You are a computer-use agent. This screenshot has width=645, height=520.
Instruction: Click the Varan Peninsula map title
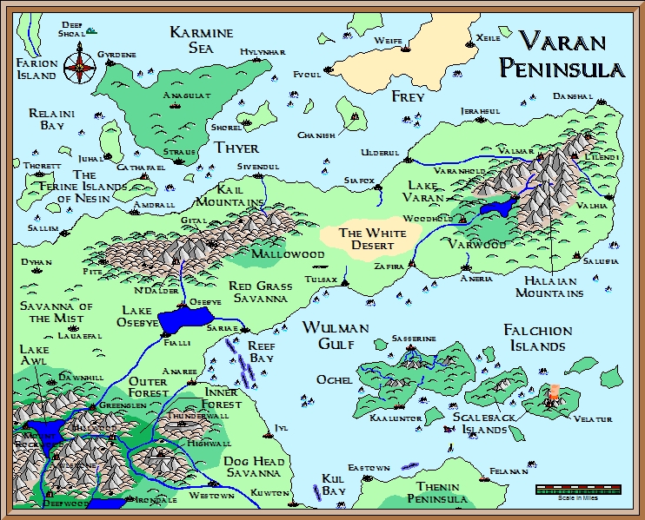[x=571, y=55]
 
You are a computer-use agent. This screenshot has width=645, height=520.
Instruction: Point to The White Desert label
[x=373, y=239]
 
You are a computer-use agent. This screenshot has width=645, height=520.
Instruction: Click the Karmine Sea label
[x=202, y=40]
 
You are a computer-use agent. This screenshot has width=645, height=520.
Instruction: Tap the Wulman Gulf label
[x=336, y=335]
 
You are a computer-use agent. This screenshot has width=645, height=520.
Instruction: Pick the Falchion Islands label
[x=538, y=338]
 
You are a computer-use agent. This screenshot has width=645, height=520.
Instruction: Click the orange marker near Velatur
[x=555, y=395]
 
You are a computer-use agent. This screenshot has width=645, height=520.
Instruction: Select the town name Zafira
[x=389, y=267]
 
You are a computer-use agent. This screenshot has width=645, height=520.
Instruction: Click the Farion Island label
[x=37, y=69]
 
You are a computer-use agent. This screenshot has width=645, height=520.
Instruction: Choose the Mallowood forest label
[x=287, y=254]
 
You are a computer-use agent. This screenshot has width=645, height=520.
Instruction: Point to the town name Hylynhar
[x=263, y=52]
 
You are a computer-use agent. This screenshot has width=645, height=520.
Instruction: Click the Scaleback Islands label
[x=479, y=423]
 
